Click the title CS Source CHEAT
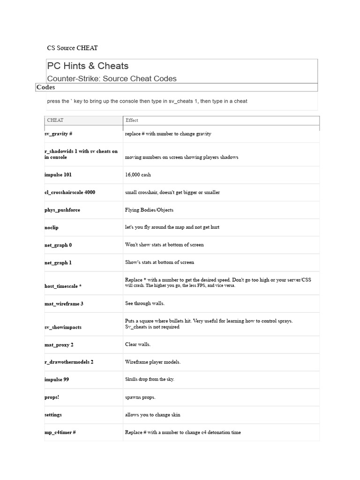[x=73, y=48]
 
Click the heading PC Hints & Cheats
[x=88, y=66]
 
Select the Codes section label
[x=45, y=87]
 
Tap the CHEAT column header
[x=55, y=120]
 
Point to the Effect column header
[x=132, y=120]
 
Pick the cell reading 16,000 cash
[x=138, y=175]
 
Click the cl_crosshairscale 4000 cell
[x=70, y=192]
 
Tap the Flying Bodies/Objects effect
[x=149, y=210]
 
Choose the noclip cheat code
[x=52, y=227]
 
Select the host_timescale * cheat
[x=63, y=286]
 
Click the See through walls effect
[x=145, y=304]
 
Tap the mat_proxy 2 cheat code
[x=59, y=345]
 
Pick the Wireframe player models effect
[x=153, y=362]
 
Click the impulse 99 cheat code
[x=57, y=379]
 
